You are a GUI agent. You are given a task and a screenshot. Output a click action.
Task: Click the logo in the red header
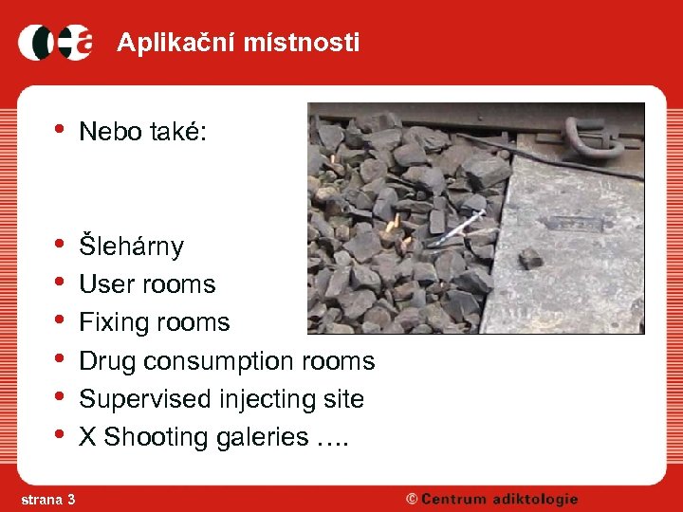tap(56, 43)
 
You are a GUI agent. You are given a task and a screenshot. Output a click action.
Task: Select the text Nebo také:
tap(142, 132)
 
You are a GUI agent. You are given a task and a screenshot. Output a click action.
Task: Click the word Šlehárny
tap(131, 247)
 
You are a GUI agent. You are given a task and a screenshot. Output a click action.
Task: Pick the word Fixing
tap(113, 322)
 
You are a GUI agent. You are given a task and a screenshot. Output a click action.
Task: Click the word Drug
tap(106, 360)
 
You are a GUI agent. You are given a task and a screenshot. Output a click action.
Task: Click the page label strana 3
tap(47, 499)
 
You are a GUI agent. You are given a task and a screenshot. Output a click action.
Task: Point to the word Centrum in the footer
tap(456, 499)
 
